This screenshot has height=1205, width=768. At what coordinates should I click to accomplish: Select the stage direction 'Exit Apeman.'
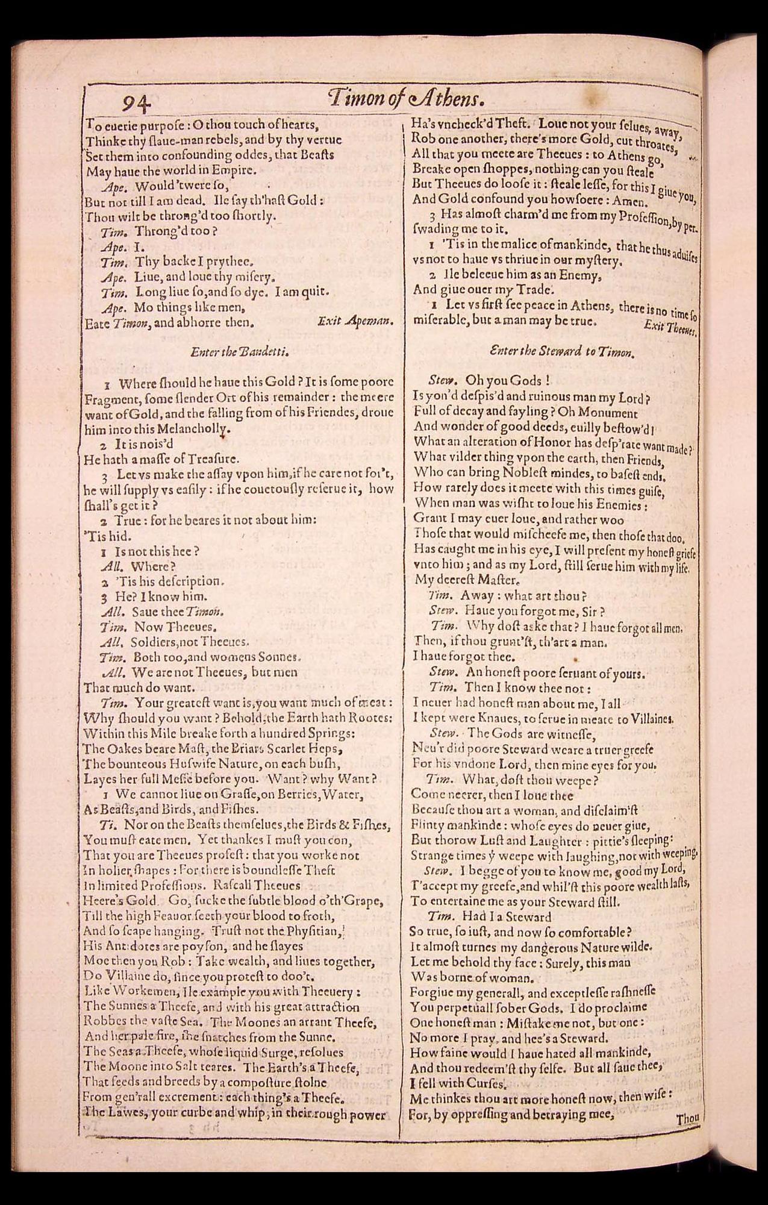(x=355, y=322)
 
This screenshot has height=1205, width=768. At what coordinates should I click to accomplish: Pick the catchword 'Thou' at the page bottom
(x=687, y=1119)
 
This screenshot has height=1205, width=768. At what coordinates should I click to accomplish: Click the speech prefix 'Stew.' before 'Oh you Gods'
(x=444, y=381)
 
